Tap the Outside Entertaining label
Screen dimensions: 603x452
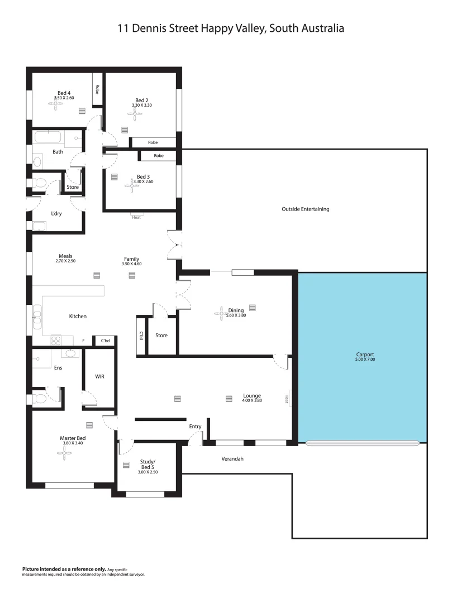[305, 209]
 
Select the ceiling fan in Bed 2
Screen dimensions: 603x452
[135, 114]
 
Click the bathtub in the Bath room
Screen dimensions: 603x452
[49, 136]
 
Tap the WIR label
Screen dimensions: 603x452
[99, 377]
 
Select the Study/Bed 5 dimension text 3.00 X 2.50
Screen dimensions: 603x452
[148, 472]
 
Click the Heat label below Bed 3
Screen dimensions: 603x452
[136, 217]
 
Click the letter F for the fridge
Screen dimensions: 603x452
[83, 340]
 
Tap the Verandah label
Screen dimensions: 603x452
[233, 459]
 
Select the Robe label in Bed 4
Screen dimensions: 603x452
[97, 89]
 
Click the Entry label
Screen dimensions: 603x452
[195, 427]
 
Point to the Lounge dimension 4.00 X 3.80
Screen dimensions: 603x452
[252, 400]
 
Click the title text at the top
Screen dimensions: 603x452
[230, 27]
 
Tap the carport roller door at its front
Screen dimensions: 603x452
[363, 443]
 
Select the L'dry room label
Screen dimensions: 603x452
[56, 214]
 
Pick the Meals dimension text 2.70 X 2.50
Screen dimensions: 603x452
[65, 261]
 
